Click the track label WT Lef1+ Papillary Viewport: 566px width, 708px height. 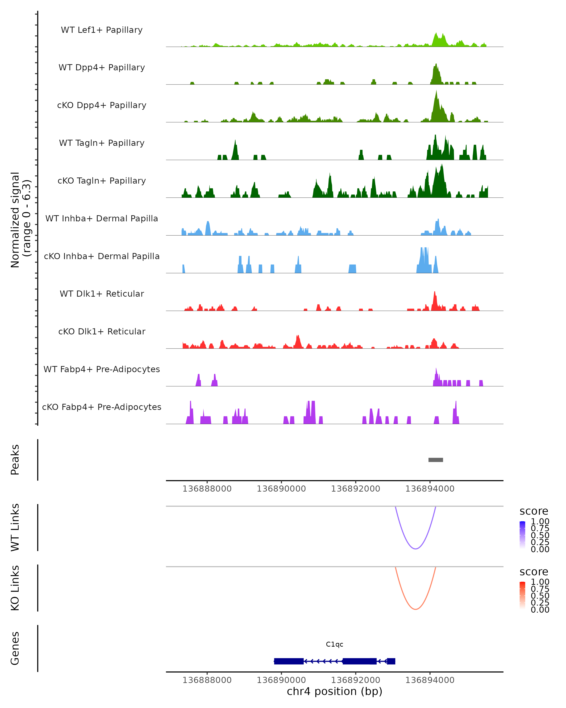pos(102,30)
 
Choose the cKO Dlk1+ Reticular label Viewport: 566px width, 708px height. pos(102,331)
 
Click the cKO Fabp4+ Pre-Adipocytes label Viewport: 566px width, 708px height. pos(102,407)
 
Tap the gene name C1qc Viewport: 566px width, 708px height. pos(334,644)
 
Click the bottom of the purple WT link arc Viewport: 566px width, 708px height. pos(415,548)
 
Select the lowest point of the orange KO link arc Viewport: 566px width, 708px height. pos(415,609)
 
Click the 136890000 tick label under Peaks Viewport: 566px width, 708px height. pos(281,489)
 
